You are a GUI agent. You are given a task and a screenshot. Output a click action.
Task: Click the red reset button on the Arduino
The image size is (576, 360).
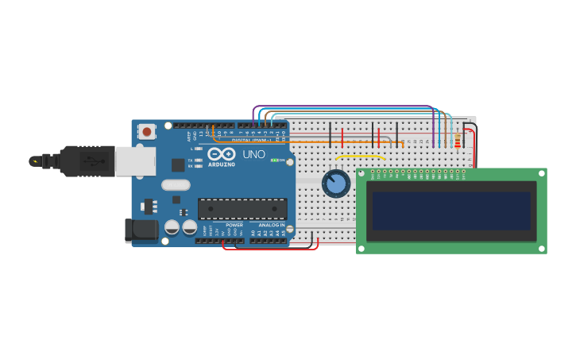pos(147,132)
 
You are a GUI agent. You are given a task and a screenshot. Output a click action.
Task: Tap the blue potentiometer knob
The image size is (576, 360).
pos(336,184)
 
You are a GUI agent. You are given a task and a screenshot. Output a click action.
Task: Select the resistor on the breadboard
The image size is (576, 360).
pos(458,141)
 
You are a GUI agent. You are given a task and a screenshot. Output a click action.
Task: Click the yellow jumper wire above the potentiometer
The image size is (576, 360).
pos(360,157)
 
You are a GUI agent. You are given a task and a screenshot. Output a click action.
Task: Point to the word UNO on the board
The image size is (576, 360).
pos(253,154)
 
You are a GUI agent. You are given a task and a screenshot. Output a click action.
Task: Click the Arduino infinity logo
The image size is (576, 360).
pos(222,153)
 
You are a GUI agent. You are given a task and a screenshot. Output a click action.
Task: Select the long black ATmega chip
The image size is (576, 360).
pos(242,209)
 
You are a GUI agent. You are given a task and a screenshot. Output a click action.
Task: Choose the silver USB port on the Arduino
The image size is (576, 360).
pos(135,161)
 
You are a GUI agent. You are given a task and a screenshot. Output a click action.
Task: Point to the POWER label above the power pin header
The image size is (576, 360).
pos(234,225)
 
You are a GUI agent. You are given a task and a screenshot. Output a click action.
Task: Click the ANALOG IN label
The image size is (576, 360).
pos(271,225)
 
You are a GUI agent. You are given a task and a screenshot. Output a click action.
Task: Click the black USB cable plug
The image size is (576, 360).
pos(87,161)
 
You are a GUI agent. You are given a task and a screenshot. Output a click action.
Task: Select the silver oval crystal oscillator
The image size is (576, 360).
pos(176,185)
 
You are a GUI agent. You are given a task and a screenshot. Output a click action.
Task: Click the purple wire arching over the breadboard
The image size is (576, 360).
pos(342,106)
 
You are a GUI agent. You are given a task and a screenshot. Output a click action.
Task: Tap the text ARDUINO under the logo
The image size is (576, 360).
pos(222,165)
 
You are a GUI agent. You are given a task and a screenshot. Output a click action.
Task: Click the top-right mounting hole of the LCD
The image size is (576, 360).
pos(543,172)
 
